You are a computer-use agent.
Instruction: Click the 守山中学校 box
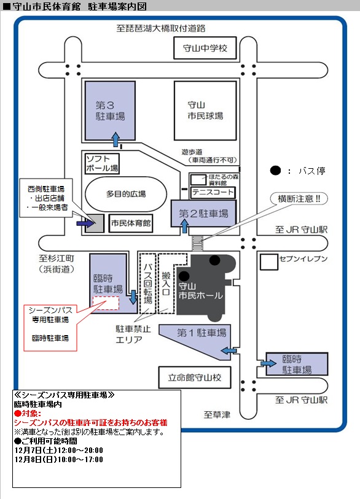pyautogui.click(x=205, y=48)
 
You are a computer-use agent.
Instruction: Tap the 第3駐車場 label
pyautogui.click(x=110, y=110)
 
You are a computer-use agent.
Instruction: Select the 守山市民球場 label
pyautogui.click(x=205, y=110)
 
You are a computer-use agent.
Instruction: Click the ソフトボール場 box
pyautogui.click(x=102, y=164)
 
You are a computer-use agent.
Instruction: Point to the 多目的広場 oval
pyautogui.click(x=126, y=194)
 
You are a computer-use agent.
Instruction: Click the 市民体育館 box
pyautogui.click(x=131, y=223)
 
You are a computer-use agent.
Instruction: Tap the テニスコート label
pyautogui.click(x=213, y=192)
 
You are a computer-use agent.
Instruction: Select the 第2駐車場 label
pyautogui.click(x=203, y=213)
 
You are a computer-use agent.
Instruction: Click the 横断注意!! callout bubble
pyautogui.click(x=299, y=199)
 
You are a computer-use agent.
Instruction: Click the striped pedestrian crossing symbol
pyautogui.click(x=197, y=243)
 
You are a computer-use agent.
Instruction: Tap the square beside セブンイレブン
pyautogui.click(x=269, y=262)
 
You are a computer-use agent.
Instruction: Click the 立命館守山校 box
pyautogui.click(x=195, y=377)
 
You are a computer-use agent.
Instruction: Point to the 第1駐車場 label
pyautogui.click(x=202, y=333)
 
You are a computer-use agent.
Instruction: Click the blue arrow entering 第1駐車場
pyautogui.click(x=229, y=350)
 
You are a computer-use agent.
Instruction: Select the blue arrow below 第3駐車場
pyautogui.click(x=116, y=140)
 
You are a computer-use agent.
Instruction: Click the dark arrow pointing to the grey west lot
pyautogui.click(x=85, y=223)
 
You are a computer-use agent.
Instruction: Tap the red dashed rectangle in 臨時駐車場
pyautogui.click(x=106, y=303)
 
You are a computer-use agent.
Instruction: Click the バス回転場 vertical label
pyautogui.click(x=147, y=284)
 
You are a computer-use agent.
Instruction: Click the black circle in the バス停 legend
pyautogui.click(x=276, y=171)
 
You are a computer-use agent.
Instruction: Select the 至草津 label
pyautogui.click(x=217, y=415)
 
